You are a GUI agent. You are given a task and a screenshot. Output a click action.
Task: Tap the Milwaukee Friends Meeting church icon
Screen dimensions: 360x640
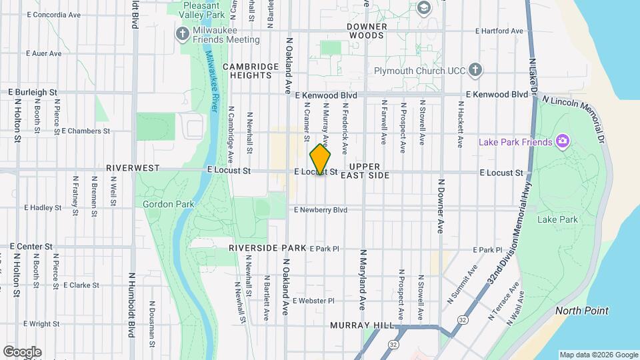[x=182, y=33]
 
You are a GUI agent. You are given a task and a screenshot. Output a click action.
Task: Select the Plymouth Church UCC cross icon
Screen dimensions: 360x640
[x=475, y=69]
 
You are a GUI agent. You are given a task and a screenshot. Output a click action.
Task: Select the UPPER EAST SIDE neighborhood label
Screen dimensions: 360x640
[x=364, y=171]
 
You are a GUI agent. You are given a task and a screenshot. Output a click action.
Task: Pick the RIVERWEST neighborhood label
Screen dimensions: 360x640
[x=132, y=169]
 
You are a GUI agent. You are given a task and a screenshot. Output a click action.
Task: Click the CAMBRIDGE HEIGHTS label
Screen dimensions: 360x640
[x=251, y=71]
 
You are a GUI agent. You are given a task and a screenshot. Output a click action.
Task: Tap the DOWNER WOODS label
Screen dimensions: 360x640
[x=367, y=31]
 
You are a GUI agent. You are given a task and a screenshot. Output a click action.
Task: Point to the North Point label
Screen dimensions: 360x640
[x=582, y=311]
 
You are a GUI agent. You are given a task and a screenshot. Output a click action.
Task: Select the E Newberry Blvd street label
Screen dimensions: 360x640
[x=321, y=209]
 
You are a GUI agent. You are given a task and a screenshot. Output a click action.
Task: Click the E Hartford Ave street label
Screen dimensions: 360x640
[x=501, y=31]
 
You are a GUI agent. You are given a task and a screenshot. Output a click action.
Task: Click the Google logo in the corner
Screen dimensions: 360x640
[x=23, y=352]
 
